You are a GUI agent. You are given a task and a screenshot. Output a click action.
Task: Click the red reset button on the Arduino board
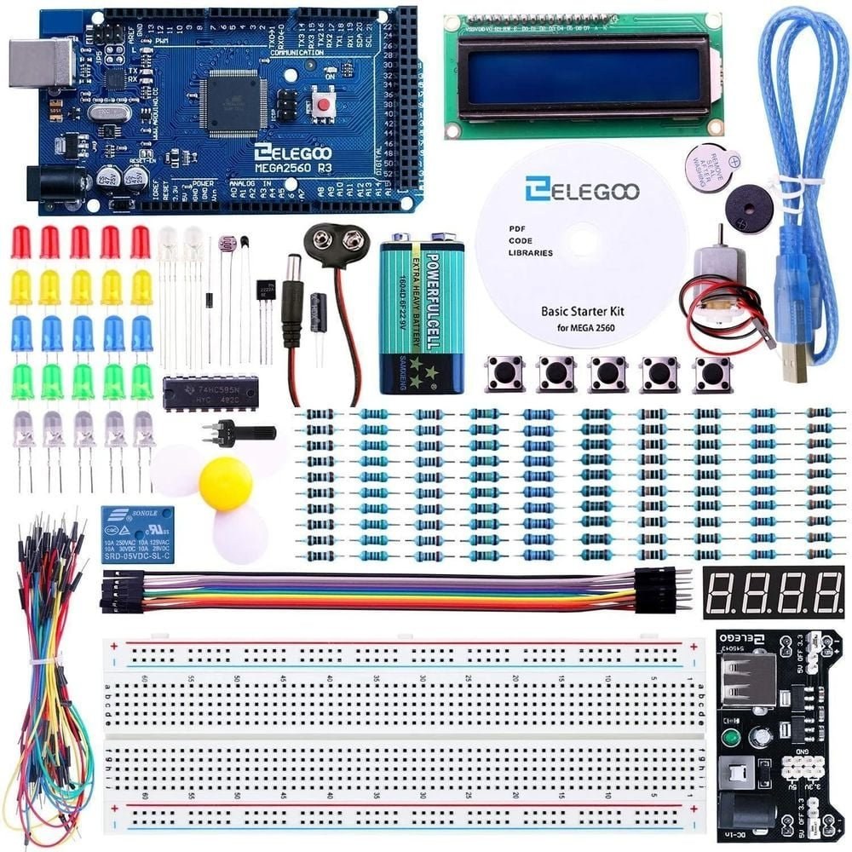325,105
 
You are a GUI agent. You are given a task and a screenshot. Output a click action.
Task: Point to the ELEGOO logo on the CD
582,190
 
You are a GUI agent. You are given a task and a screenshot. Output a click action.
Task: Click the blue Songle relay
137,534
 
